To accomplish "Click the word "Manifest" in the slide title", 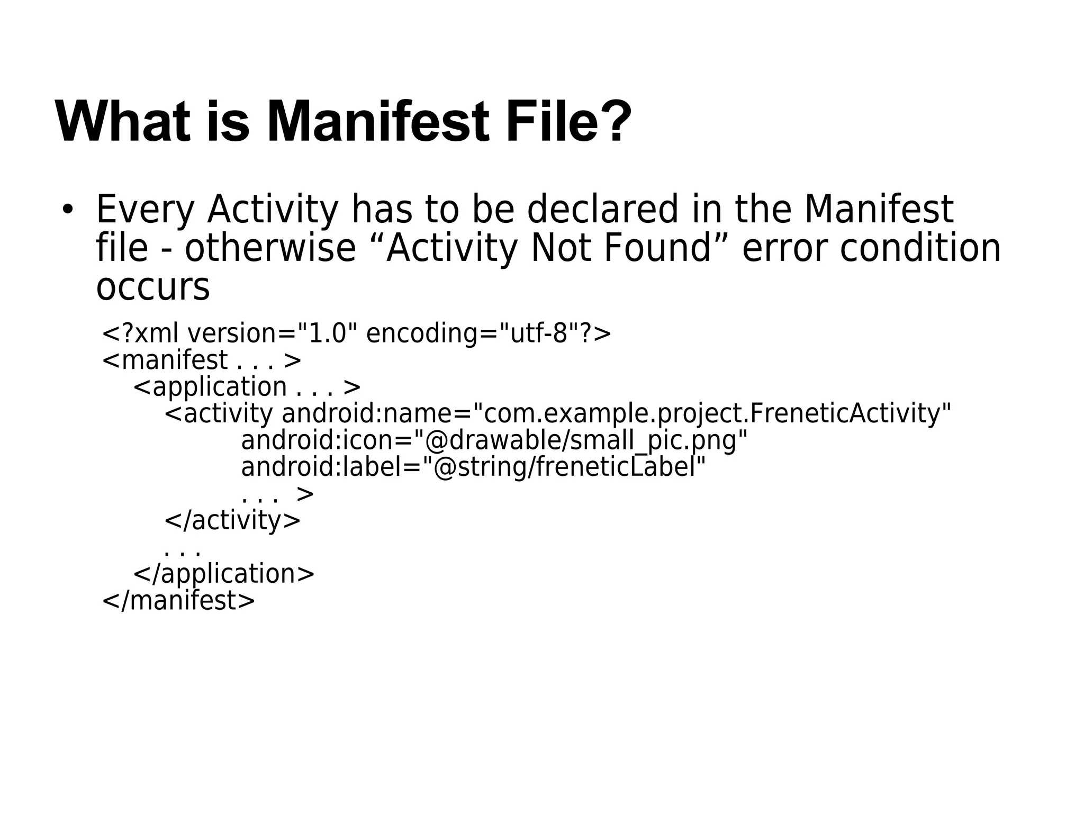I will (378, 123).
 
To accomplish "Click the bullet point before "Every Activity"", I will (67, 210).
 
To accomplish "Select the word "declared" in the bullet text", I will (602, 210).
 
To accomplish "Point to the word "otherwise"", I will (270, 249).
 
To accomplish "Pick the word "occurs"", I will (153, 287).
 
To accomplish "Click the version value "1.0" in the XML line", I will (328, 334).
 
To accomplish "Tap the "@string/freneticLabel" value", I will (570, 467).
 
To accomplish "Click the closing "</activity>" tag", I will (232, 520).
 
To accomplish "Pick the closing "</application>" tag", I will (224, 574).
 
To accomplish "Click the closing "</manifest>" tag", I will (178, 601).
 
